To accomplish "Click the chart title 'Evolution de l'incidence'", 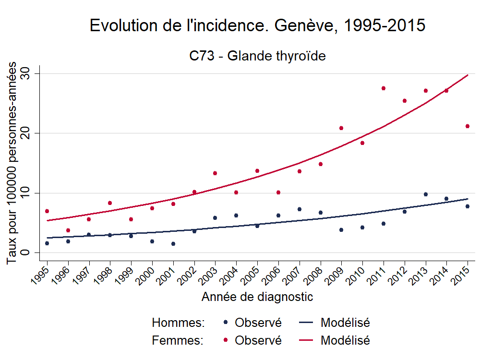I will tap(257, 26).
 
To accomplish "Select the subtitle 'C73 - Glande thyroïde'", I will tap(257, 56).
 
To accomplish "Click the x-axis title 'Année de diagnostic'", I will tap(257, 297).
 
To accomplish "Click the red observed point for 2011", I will tap(384, 88).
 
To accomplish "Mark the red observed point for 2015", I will tap(468, 126).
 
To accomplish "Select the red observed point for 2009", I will tap(341, 128).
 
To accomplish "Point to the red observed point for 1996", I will tap(68, 230).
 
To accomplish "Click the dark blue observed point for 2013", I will tap(426, 194).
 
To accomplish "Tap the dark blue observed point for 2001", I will tap(173, 244).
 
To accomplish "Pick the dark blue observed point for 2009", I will tap(341, 230).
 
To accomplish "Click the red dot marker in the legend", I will tap(226, 341).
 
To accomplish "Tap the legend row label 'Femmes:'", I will tap(178, 341).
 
